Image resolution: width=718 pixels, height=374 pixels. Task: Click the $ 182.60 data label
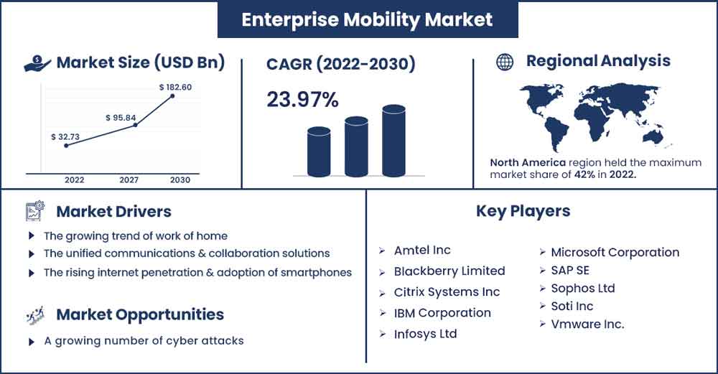pos(175,87)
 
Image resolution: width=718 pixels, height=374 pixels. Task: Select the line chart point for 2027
pos(135,124)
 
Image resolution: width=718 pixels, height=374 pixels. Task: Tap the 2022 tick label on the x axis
pos(74,180)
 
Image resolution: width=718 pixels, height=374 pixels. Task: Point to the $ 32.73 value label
pos(65,137)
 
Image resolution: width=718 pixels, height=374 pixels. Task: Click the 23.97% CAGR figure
pos(303,99)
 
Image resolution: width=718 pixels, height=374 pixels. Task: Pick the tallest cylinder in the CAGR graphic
pos(393,141)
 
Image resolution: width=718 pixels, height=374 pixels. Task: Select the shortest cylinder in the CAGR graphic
pos(319,151)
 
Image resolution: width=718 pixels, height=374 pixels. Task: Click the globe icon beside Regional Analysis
pos(505,62)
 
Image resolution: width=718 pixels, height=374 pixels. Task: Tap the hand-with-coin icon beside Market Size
pos(37,63)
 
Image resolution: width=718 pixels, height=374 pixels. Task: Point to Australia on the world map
pos(653,137)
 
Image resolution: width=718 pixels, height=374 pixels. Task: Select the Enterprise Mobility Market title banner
pos(368,19)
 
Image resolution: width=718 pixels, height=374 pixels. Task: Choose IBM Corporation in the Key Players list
pos(442,313)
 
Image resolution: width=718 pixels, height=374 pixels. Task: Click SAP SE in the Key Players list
pos(570,270)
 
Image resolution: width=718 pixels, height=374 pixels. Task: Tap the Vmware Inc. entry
pos(587,324)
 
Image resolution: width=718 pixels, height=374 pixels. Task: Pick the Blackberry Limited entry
pos(449,271)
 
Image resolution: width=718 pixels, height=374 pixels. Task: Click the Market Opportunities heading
pos(140,314)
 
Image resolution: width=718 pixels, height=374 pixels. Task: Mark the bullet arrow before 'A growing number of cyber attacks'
pos(31,342)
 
